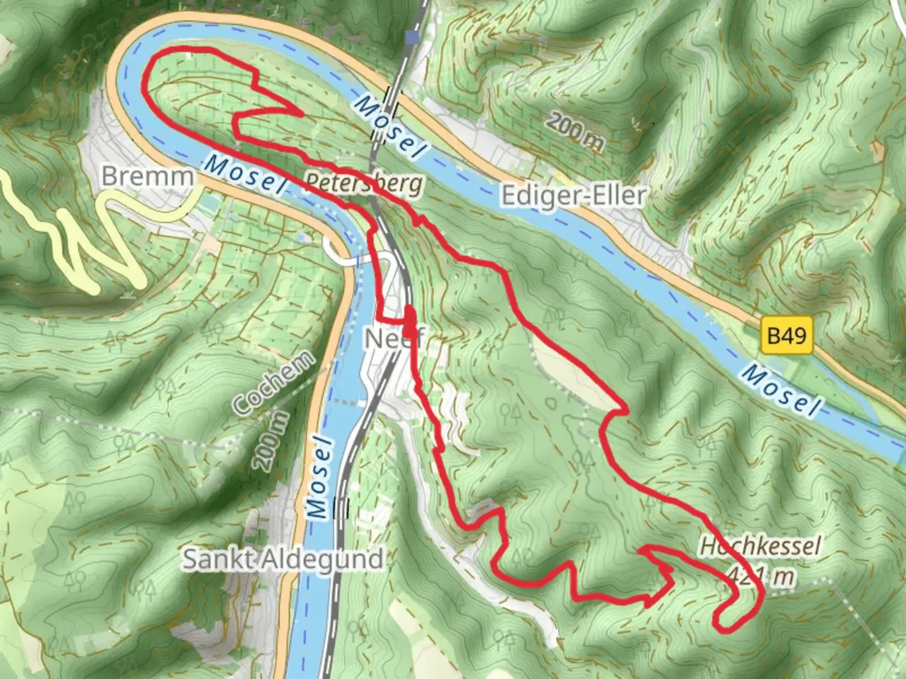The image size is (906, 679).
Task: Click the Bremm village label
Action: click(148, 176)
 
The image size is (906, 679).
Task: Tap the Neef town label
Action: click(394, 339)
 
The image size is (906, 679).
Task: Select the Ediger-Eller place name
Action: click(573, 196)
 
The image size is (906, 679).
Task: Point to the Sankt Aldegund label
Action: click(282, 559)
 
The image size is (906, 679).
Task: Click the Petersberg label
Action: click(364, 183)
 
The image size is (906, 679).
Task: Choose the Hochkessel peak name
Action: click(760, 546)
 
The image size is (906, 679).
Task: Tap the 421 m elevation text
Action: click(761, 575)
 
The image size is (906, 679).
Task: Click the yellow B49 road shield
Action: click(786, 336)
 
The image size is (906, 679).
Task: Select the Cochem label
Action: click(273, 384)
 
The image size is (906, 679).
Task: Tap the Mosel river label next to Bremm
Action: click(243, 174)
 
